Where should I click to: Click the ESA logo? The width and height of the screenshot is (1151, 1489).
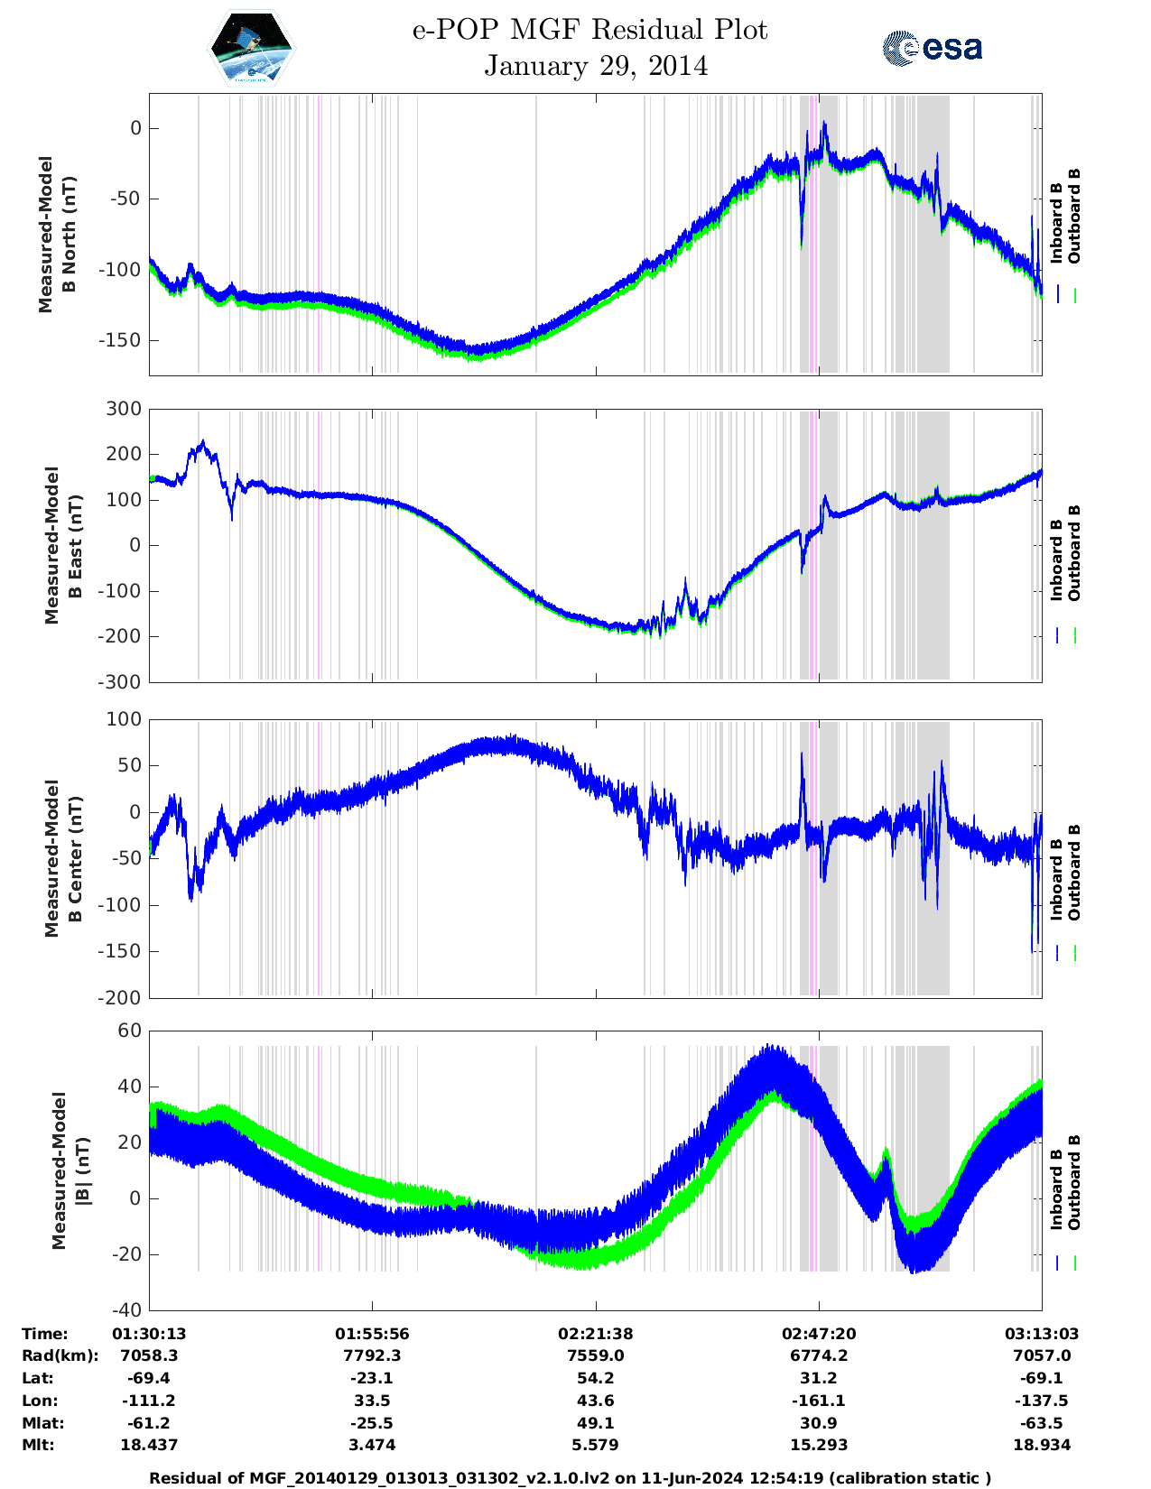tap(932, 48)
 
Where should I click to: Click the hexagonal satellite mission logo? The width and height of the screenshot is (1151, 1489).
tap(252, 49)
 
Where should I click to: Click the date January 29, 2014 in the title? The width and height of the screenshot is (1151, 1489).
tap(596, 66)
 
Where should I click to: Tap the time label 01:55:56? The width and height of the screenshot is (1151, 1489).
tap(372, 1334)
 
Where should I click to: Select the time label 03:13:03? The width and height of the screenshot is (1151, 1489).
tap(1042, 1334)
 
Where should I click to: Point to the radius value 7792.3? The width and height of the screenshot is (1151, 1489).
tap(372, 1355)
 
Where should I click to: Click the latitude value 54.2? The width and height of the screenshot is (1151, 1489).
tap(596, 1378)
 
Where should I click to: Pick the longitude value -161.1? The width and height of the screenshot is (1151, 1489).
tap(819, 1401)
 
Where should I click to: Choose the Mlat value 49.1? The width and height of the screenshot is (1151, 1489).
tap(596, 1423)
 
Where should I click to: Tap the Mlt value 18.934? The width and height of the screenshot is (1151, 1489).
tap(1042, 1445)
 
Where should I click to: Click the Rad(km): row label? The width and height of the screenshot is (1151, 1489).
tap(60, 1355)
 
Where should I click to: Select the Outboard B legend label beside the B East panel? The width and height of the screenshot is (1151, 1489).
tap(1074, 552)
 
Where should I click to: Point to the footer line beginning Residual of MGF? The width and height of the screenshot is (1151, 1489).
tap(570, 1478)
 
